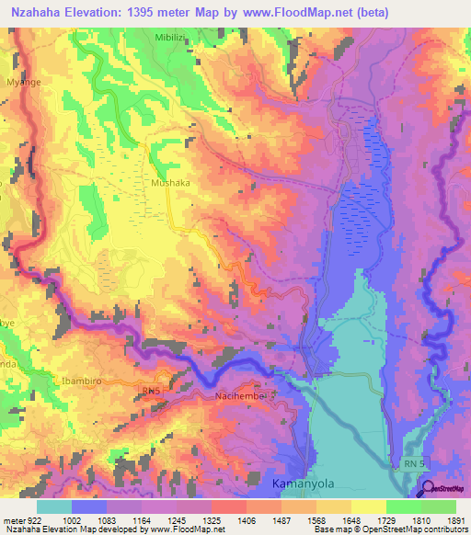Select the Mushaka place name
[170, 183]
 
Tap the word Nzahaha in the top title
[38, 12]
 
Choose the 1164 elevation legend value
[141, 520]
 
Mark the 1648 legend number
[350, 520]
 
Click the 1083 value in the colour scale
[106, 520]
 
